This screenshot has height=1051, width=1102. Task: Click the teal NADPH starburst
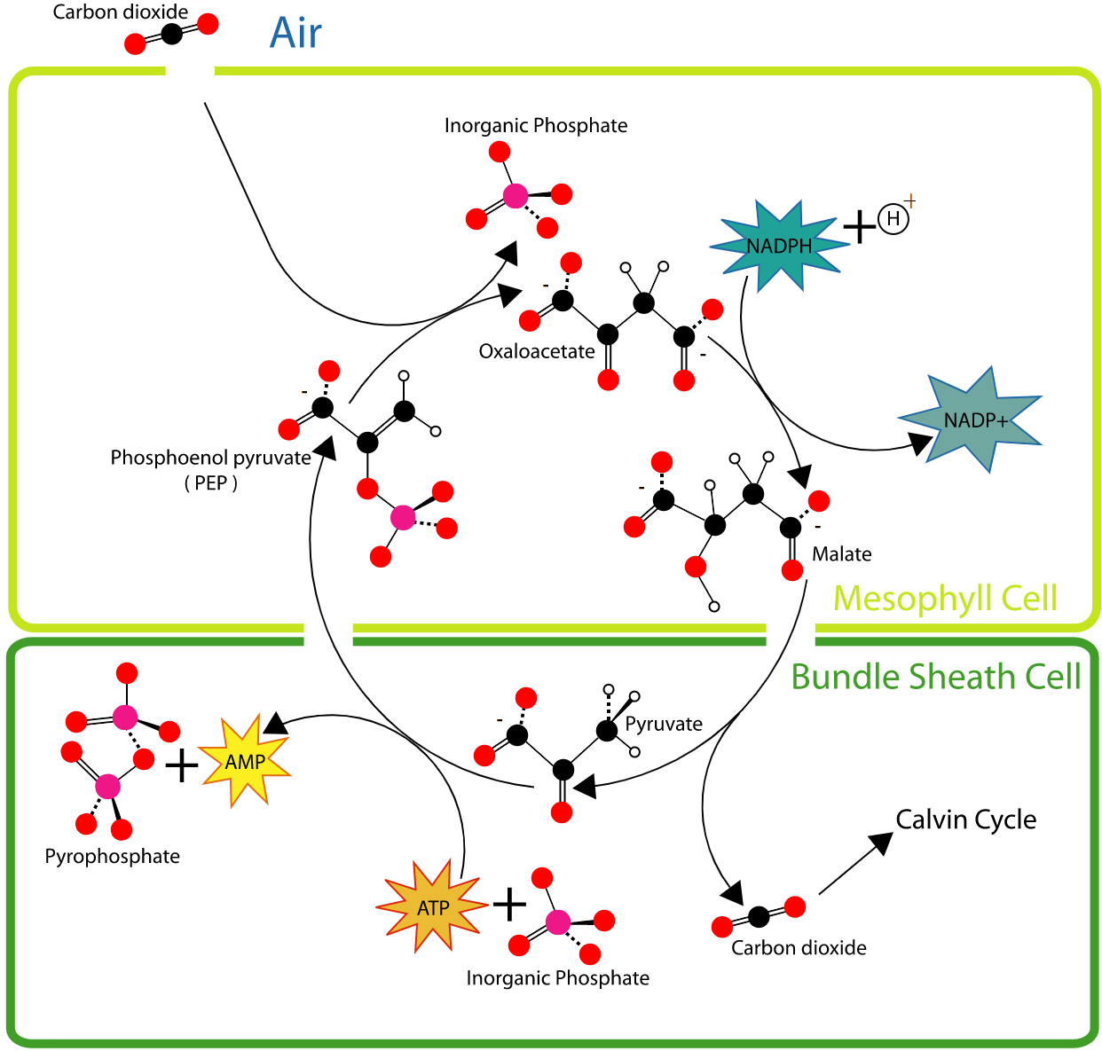[x=778, y=246]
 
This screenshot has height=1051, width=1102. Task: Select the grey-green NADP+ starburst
[x=972, y=420]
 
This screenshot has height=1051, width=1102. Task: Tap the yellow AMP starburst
[x=245, y=762]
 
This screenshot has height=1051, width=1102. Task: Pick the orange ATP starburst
[x=433, y=907]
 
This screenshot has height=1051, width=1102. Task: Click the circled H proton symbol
[x=893, y=218]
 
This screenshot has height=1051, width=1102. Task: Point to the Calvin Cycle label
[x=965, y=820]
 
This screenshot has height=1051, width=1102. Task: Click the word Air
[x=295, y=34]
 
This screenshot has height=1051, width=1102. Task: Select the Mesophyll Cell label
[x=945, y=599]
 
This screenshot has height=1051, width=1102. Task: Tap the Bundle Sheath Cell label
[x=935, y=677]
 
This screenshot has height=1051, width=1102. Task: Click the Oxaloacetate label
[x=537, y=351]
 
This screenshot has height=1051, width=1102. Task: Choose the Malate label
[x=841, y=554]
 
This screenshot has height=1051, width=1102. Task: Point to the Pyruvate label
[x=664, y=724]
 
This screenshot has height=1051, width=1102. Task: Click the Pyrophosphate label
[x=112, y=857]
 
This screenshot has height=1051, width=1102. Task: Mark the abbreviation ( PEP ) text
[x=211, y=483]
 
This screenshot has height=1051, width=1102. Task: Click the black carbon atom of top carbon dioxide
[x=171, y=34]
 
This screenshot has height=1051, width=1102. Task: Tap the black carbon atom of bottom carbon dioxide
[x=759, y=916]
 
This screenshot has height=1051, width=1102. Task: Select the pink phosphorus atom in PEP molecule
[x=402, y=517]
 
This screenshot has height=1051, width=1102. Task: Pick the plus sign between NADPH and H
[x=858, y=227]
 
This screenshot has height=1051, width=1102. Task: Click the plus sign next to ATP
[x=509, y=904]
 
